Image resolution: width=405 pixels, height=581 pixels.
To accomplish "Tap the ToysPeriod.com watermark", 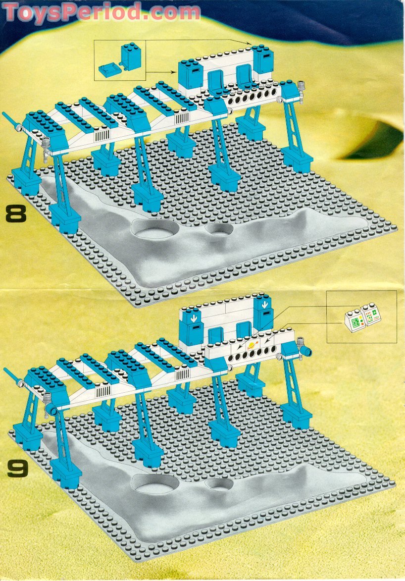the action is tap(101, 12).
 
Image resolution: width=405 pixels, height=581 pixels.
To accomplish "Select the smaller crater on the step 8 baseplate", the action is tap(220, 230).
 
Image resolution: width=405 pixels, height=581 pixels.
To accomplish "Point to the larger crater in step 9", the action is tap(156, 484).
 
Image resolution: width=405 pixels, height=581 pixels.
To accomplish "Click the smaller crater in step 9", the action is tap(220, 484).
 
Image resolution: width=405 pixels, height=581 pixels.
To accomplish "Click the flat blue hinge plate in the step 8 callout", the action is tap(109, 70).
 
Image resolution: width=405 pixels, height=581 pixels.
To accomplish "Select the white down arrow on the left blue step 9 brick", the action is tap(194, 318).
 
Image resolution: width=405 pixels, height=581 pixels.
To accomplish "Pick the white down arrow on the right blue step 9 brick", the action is tap(264, 305).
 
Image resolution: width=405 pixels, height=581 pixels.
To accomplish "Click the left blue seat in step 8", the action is tap(215, 81).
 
